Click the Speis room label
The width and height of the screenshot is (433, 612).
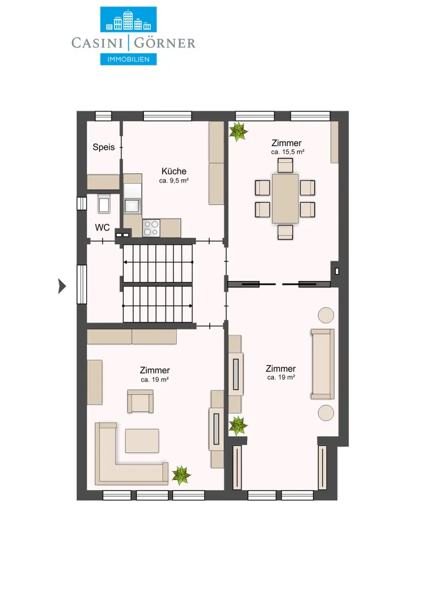[x=104, y=147]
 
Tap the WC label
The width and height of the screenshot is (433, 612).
[x=102, y=228]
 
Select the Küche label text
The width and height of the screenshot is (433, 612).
[x=174, y=171]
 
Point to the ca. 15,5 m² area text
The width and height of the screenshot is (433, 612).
[x=287, y=152]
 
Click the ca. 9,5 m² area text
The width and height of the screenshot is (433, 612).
[x=174, y=181]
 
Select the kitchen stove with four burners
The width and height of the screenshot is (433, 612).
[x=151, y=228]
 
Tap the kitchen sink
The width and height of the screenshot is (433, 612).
[x=132, y=205]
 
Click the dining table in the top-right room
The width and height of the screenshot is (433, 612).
[x=286, y=199]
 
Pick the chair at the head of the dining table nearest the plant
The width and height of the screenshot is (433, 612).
[x=286, y=165]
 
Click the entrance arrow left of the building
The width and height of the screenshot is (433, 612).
[x=62, y=286]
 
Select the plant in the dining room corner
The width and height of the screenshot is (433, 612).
[x=238, y=131]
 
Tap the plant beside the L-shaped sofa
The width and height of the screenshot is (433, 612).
[x=181, y=475]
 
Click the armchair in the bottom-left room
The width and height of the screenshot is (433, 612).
[x=140, y=401]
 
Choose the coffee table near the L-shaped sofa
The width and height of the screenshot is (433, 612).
[x=142, y=441]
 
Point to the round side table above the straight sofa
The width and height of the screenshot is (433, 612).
[x=326, y=315]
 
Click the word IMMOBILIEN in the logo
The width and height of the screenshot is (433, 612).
[x=129, y=59]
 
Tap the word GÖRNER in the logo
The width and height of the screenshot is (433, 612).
[x=164, y=43]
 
